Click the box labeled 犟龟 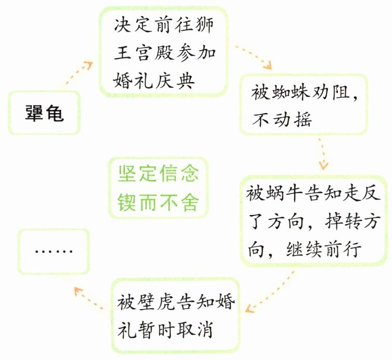tap(45, 113)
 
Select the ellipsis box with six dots tap(53, 251)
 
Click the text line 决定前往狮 tap(163, 26)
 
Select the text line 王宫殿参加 tap(163, 54)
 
